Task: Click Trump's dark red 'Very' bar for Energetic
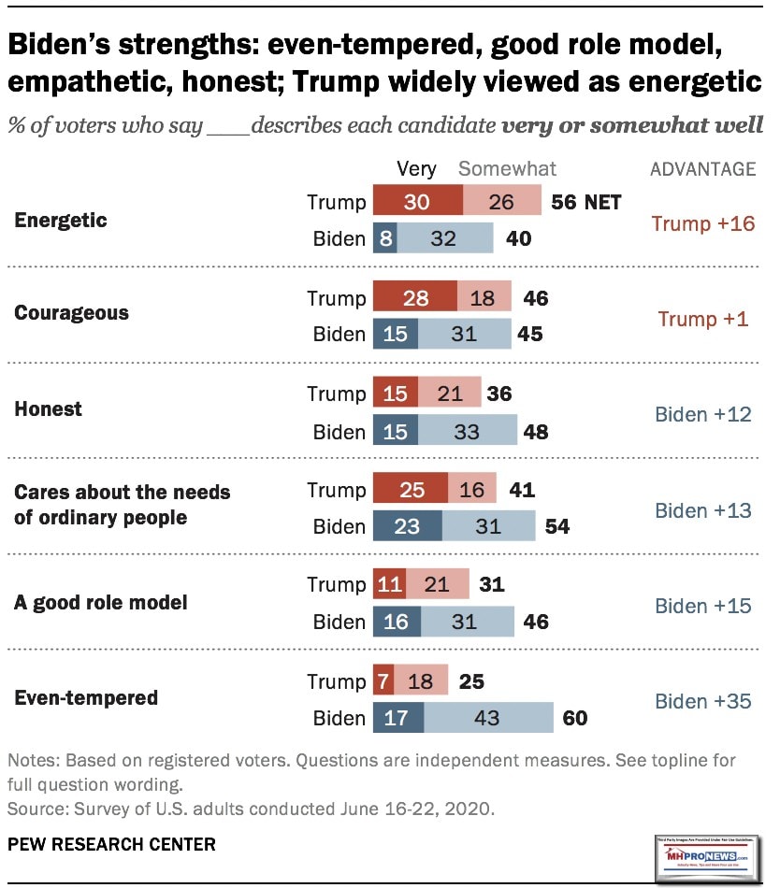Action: (417, 202)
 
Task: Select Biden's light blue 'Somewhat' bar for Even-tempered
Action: (488, 718)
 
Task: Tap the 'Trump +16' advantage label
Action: (703, 223)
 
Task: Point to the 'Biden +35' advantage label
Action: (703, 700)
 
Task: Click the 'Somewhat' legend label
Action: (507, 169)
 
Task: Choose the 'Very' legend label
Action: (416, 169)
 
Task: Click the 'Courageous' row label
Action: (72, 312)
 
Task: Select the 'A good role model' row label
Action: (101, 602)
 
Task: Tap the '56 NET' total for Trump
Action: (585, 202)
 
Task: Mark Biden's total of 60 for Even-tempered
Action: (575, 718)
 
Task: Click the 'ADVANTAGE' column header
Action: (703, 169)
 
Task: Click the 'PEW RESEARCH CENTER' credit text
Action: (111, 845)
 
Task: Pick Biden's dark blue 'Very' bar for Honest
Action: (396, 431)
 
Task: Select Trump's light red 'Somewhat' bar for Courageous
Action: (484, 297)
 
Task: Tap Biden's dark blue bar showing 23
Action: (408, 526)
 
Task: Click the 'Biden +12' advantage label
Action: (703, 414)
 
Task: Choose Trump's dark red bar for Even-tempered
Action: (383, 681)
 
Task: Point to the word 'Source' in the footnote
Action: (34, 805)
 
